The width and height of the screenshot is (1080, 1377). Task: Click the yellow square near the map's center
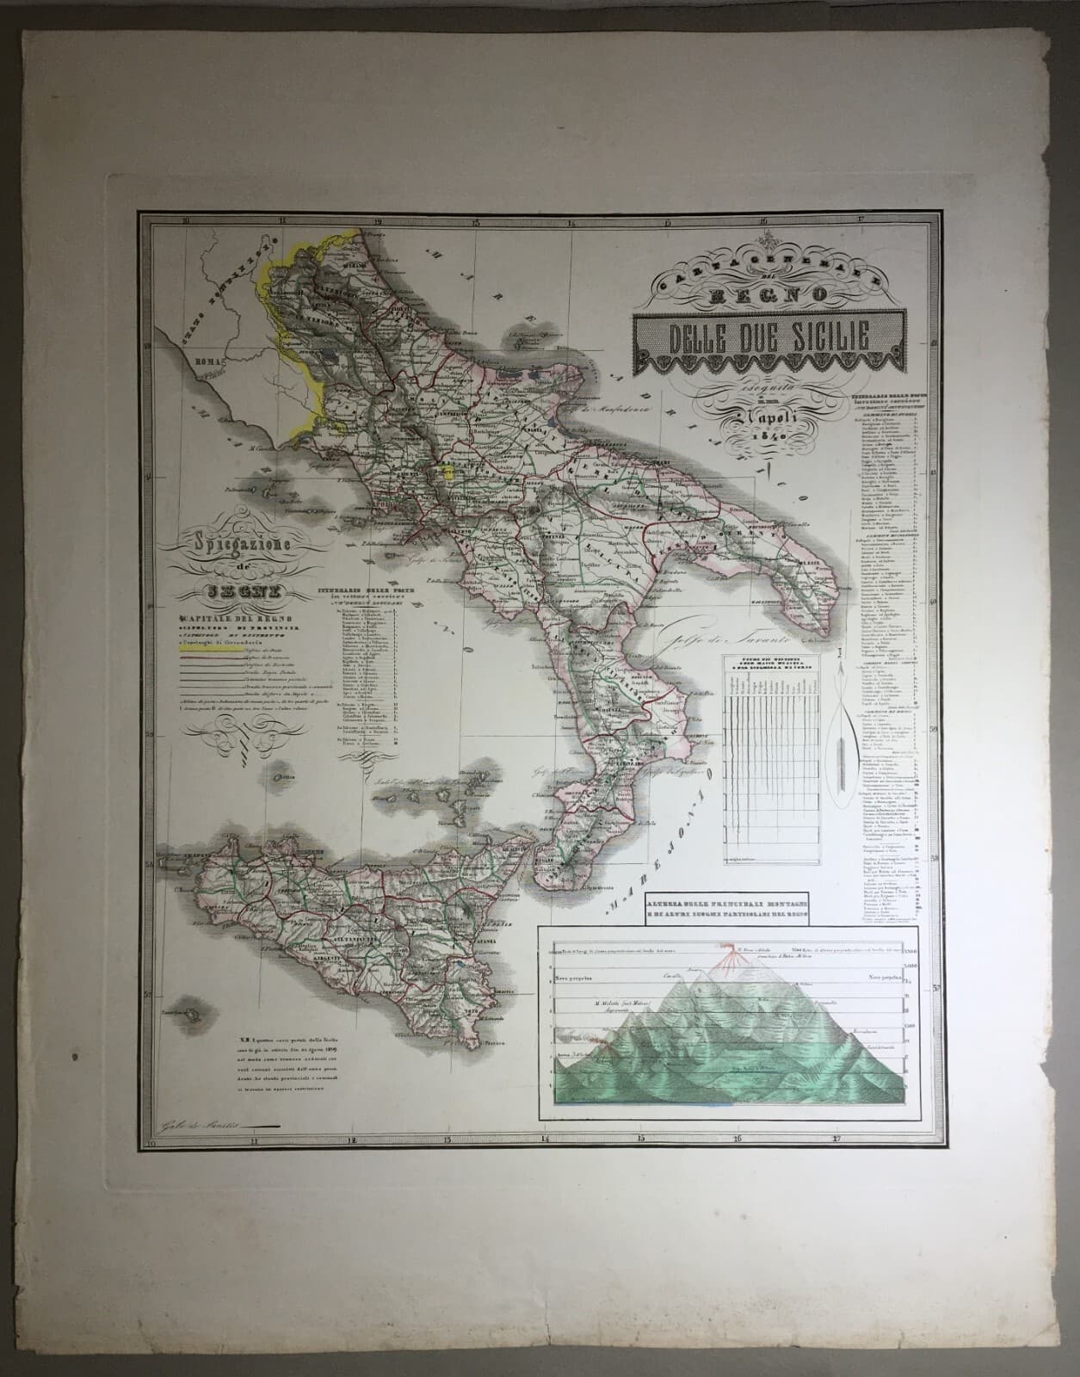447,470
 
